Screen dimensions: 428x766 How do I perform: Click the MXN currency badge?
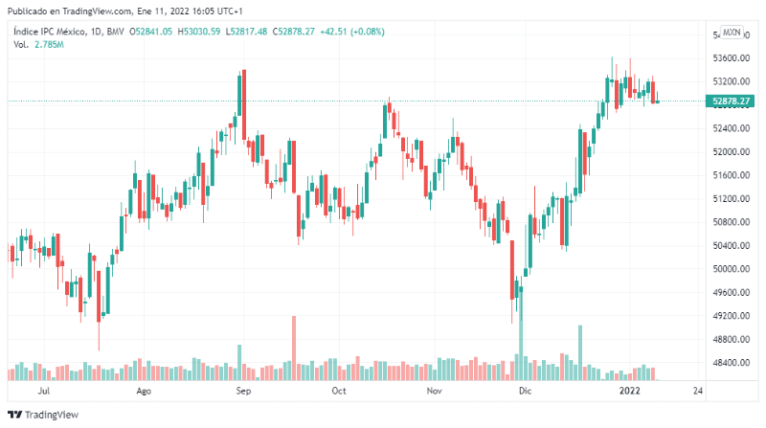point(732,32)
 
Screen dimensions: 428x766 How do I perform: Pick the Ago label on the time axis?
point(145,391)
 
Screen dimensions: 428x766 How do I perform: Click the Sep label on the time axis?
point(243,391)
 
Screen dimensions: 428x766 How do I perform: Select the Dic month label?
point(524,391)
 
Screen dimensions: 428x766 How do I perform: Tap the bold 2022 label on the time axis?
point(629,391)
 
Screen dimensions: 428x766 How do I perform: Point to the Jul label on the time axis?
point(44,391)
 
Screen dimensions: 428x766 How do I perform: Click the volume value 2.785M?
point(48,45)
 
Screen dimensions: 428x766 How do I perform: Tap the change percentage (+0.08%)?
point(366,32)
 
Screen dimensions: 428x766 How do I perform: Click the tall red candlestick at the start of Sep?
point(244,105)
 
